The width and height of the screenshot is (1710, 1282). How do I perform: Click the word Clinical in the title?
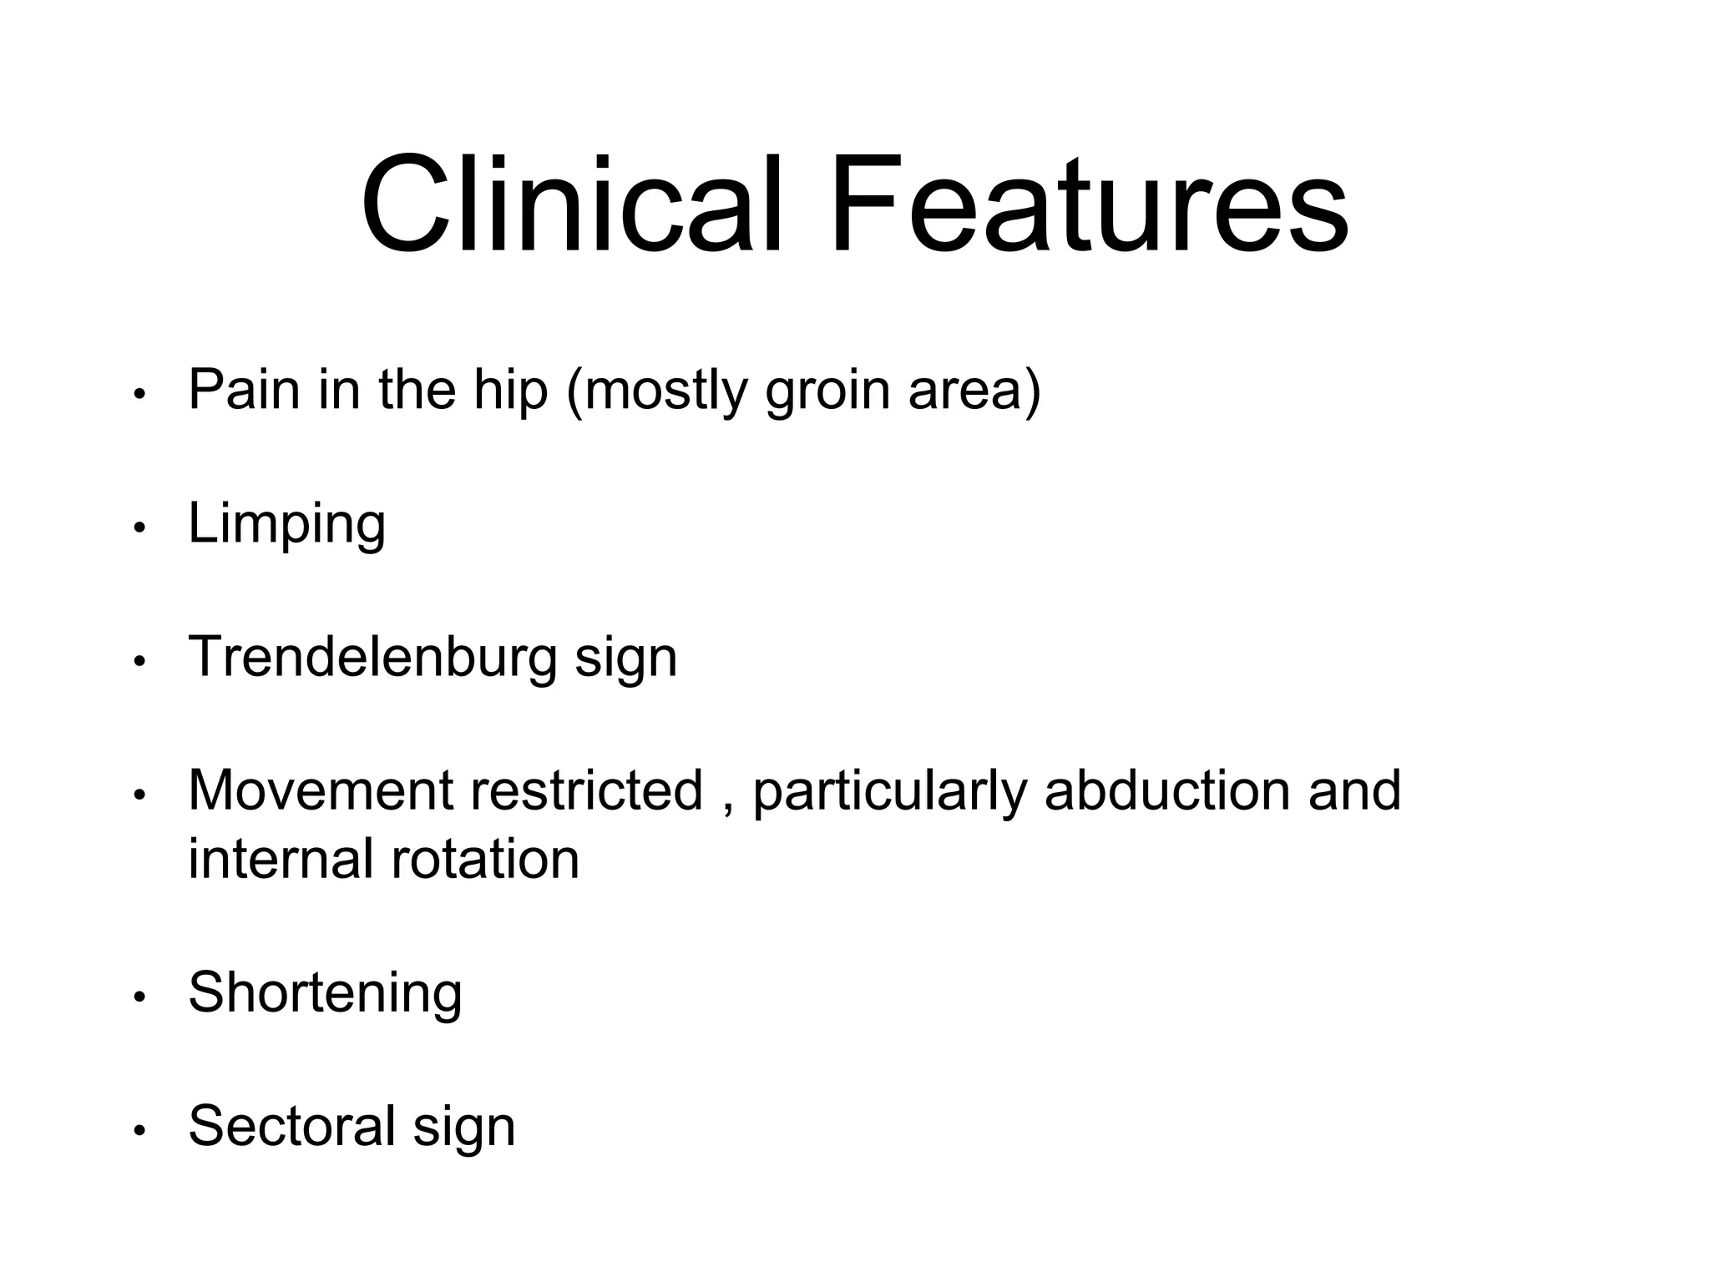573,204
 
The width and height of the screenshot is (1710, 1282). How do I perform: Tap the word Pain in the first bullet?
244,389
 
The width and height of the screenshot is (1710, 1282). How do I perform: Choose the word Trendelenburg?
372,658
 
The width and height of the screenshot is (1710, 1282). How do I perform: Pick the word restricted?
586,790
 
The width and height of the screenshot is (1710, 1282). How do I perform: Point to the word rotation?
484,859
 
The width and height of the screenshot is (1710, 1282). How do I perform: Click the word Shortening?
325,994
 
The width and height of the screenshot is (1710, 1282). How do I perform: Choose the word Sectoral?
291,1126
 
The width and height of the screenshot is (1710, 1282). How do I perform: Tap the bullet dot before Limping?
139,528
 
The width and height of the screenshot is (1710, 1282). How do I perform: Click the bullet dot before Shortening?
139,997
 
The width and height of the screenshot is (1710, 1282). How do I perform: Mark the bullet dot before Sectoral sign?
139,1130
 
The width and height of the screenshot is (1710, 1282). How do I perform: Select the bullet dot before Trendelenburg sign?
139,662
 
